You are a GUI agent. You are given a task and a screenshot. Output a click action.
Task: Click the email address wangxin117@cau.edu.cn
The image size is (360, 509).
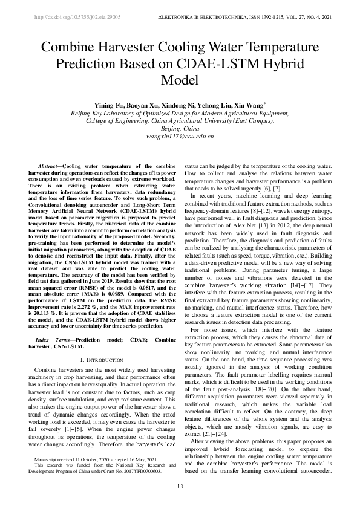(180, 137)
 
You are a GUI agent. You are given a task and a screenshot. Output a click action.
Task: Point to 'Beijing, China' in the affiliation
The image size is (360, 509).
(180, 129)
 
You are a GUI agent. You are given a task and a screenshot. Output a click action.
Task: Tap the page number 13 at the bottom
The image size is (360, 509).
(180, 487)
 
